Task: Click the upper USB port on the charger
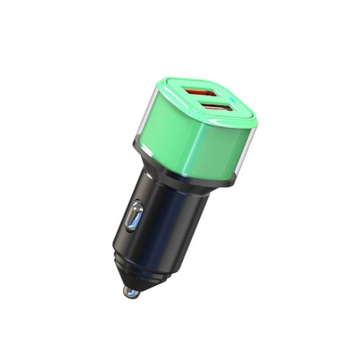point(201,93)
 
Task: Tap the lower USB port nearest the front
point(217,108)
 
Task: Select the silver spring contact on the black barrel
point(134,215)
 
